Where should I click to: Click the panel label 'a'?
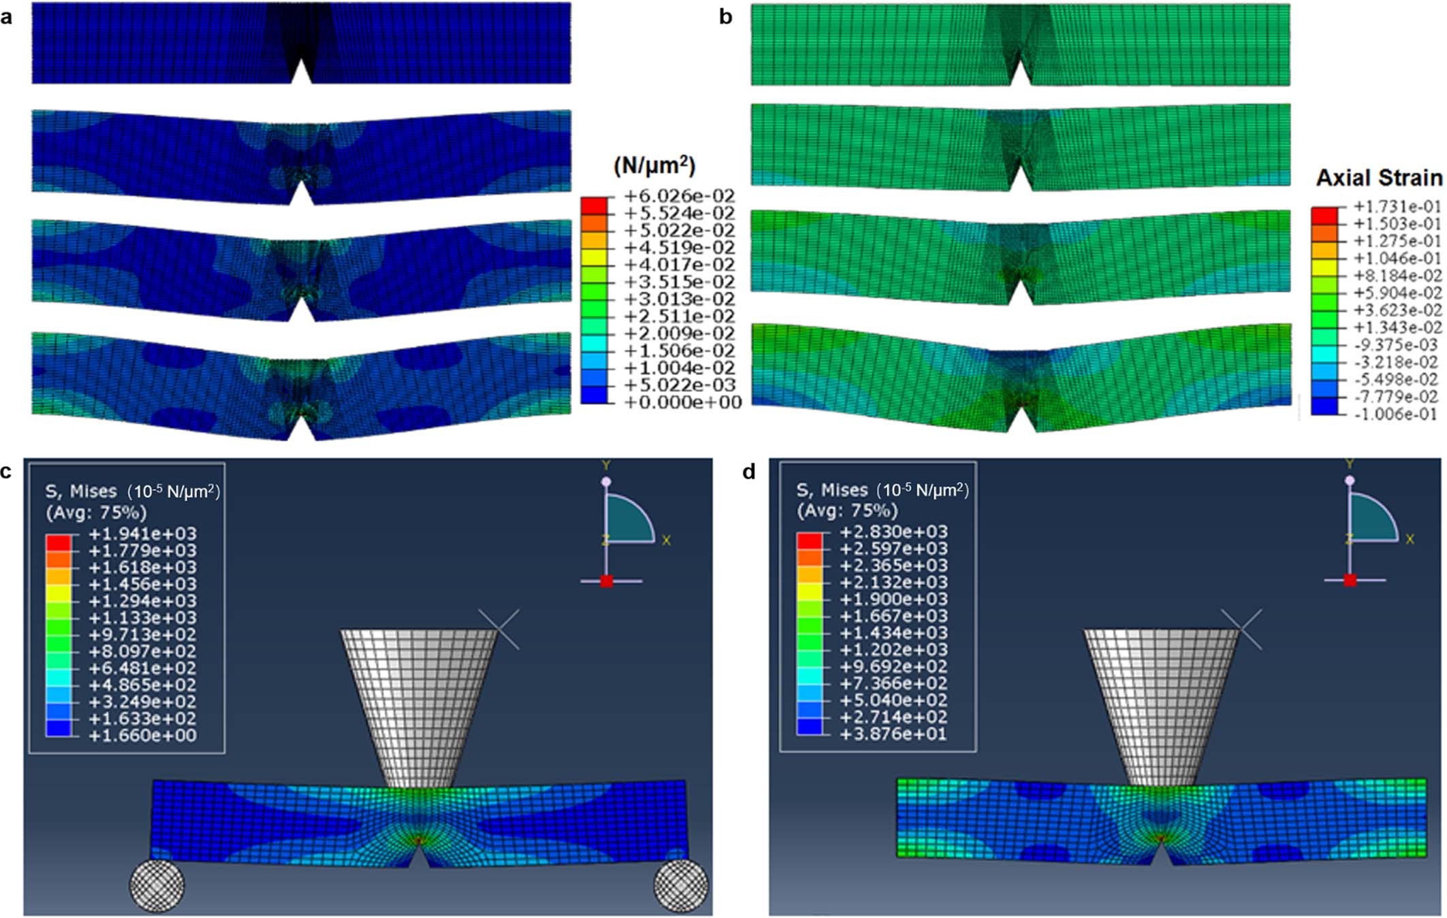coord(6,16)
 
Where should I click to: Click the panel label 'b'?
coord(726,16)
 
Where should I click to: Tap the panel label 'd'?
coord(749,472)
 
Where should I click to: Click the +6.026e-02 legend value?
coord(679,196)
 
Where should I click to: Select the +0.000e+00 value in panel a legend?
coord(682,402)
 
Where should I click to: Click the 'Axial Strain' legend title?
coord(1378,178)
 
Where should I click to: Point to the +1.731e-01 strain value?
coord(1397,206)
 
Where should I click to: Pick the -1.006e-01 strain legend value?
coord(1397,414)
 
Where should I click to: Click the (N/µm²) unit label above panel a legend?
coord(654,165)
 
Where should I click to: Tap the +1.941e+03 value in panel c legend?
coord(142,534)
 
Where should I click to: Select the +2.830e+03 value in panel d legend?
coord(893,531)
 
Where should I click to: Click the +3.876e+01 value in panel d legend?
coord(893,734)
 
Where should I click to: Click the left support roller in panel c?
coord(157,885)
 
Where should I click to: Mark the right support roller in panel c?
coord(680,885)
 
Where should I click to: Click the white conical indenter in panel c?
coord(418,701)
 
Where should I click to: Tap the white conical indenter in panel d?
coord(1161,701)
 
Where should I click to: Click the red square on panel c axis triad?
coord(606,581)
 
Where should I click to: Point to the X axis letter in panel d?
coord(1410,539)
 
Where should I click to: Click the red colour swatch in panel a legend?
coord(594,205)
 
